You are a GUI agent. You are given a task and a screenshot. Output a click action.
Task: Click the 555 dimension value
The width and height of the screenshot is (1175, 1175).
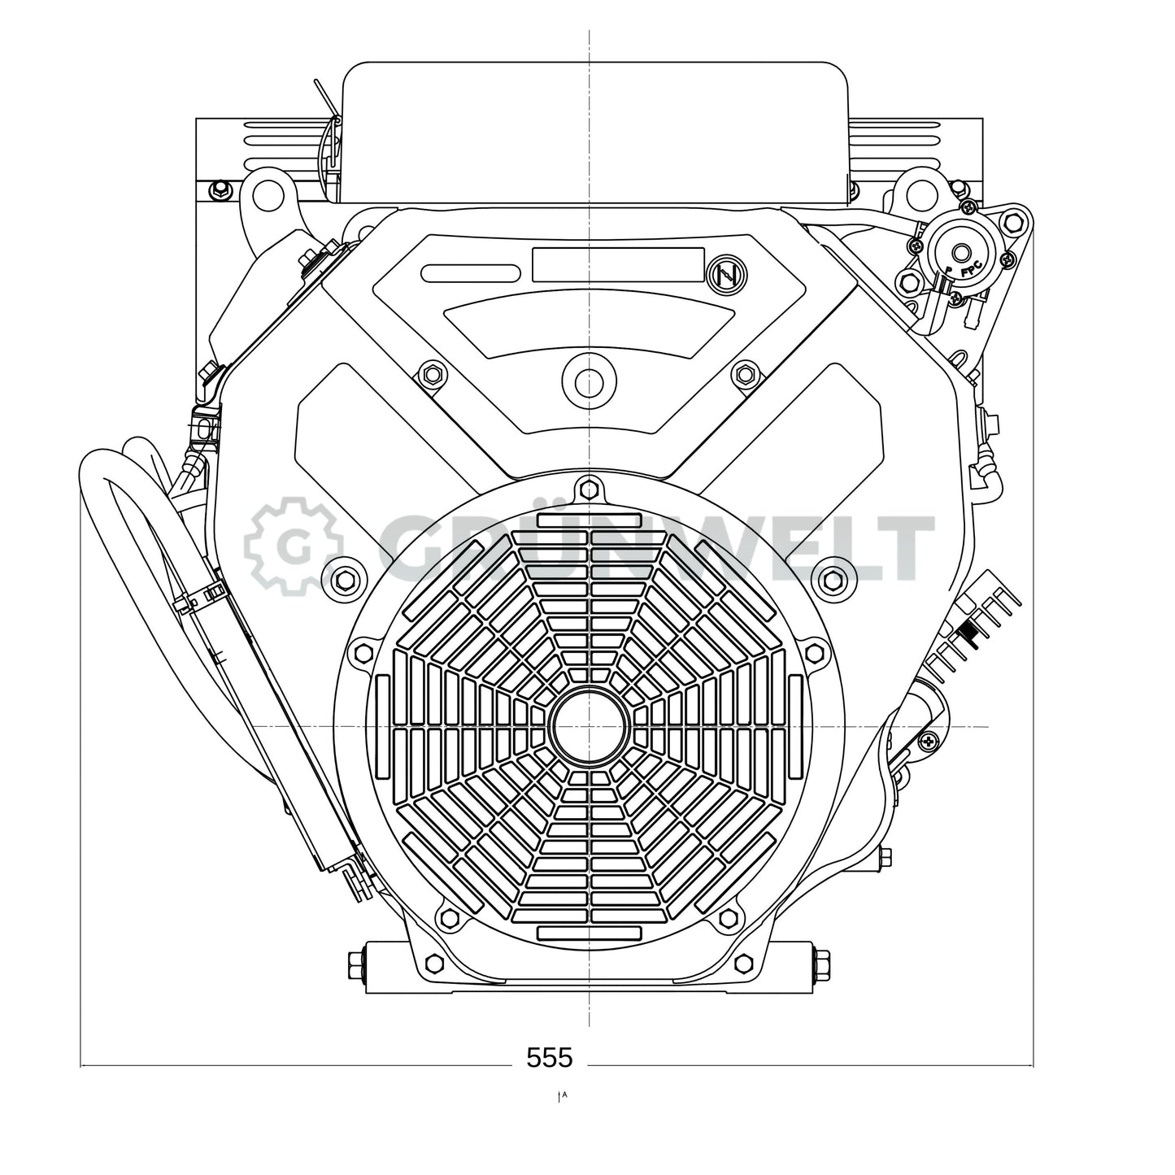tap(550, 1057)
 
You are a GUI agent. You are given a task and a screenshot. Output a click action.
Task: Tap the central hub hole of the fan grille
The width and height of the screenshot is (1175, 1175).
tap(590, 725)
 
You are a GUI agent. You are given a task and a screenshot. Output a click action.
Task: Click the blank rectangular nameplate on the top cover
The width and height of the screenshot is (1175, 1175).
tap(618, 265)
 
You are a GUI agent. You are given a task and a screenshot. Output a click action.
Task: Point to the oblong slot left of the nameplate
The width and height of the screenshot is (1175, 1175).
tap(471, 273)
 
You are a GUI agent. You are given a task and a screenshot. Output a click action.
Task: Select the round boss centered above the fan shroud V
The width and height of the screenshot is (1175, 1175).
tap(590, 381)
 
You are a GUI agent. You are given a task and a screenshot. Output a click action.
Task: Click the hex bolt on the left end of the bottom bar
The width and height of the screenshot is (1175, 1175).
tap(356, 967)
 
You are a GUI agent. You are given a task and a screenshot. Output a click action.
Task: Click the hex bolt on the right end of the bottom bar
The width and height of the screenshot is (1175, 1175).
tap(821, 967)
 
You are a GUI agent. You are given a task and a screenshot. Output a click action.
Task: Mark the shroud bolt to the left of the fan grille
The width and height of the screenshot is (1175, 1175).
tap(345, 578)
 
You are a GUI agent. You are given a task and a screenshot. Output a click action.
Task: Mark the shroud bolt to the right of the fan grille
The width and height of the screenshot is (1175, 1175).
tap(833, 578)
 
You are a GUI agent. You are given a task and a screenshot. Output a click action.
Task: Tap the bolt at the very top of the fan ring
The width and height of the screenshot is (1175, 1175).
tap(590, 490)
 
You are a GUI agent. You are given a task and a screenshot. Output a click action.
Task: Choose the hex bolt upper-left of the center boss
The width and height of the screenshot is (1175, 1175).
tap(432, 374)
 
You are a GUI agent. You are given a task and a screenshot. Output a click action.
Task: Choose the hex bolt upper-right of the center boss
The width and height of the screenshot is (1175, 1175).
tap(746, 374)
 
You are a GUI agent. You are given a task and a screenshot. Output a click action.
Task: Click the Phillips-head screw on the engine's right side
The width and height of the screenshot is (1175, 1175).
tap(929, 740)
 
